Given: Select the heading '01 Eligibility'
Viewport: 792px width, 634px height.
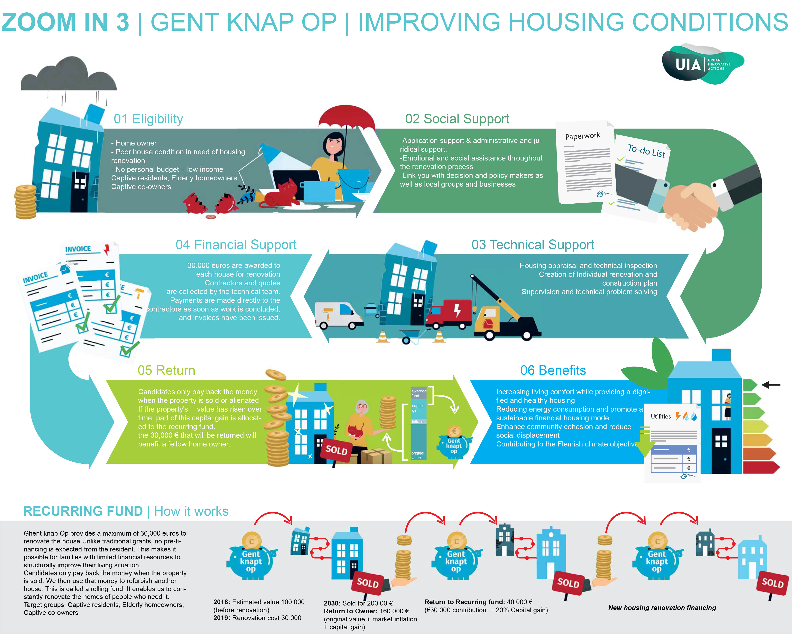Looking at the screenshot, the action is (x=148, y=119).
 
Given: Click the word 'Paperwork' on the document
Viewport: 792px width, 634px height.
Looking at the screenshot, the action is (x=583, y=136).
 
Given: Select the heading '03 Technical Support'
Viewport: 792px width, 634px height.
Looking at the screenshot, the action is (x=533, y=245).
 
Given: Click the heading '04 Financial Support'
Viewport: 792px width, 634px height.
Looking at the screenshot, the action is (x=236, y=245).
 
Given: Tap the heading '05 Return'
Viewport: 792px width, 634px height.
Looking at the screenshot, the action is (x=166, y=370).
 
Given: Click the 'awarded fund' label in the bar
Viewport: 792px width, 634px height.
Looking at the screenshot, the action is (x=418, y=393).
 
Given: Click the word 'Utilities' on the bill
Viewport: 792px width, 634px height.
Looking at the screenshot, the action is (x=661, y=417).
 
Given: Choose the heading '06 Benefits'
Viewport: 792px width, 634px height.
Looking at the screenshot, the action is (x=553, y=370).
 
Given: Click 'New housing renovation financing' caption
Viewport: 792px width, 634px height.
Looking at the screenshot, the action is (x=662, y=608).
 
